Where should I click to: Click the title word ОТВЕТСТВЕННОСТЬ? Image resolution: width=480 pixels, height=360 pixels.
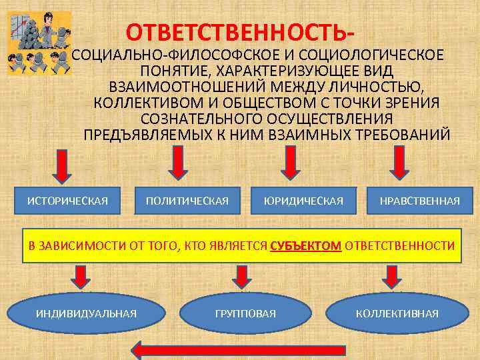point(236,32)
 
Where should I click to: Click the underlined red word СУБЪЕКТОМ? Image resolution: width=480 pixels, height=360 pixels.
point(307,245)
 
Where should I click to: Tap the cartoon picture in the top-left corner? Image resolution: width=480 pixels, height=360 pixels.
point(39,45)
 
